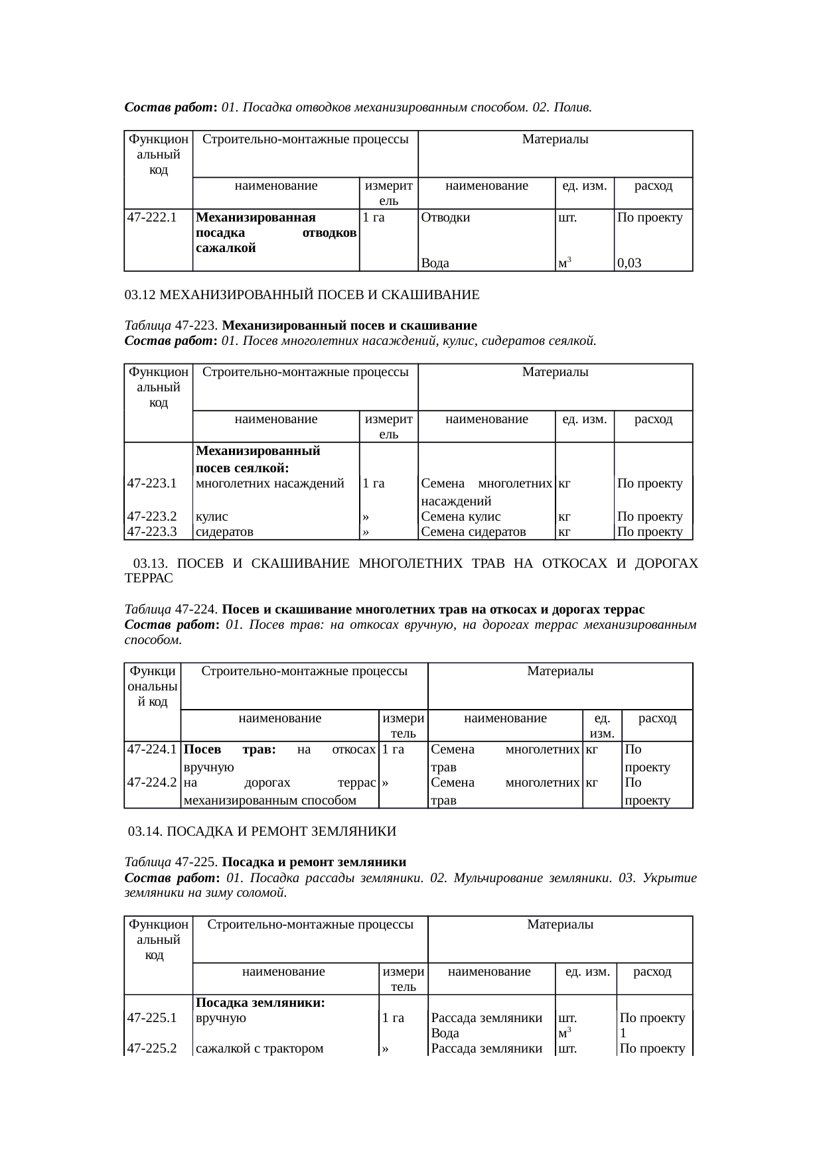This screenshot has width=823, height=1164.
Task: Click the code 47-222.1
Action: [x=151, y=217]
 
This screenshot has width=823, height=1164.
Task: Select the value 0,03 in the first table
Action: [x=629, y=263]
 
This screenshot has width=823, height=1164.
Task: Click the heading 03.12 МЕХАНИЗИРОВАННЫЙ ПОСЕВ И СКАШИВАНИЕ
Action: [x=302, y=294]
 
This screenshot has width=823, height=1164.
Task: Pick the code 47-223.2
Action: [x=151, y=516]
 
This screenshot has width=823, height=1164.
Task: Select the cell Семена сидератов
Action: [x=473, y=531]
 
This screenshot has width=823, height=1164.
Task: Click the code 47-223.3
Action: [x=151, y=531]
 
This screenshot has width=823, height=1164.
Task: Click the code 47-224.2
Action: [x=151, y=782]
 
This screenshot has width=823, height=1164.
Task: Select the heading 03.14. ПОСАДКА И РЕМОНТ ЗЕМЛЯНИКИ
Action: [x=262, y=831]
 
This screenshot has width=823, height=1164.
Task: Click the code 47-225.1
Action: [x=151, y=1018]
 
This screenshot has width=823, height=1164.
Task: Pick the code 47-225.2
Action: [x=151, y=1049]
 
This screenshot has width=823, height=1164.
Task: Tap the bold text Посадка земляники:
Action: [x=260, y=1003]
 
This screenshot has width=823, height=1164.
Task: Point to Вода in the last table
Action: [x=445, y=1033]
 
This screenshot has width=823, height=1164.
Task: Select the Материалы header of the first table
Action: [x=555, y=139]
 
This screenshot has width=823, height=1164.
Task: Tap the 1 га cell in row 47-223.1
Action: [x=374, y=484]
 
